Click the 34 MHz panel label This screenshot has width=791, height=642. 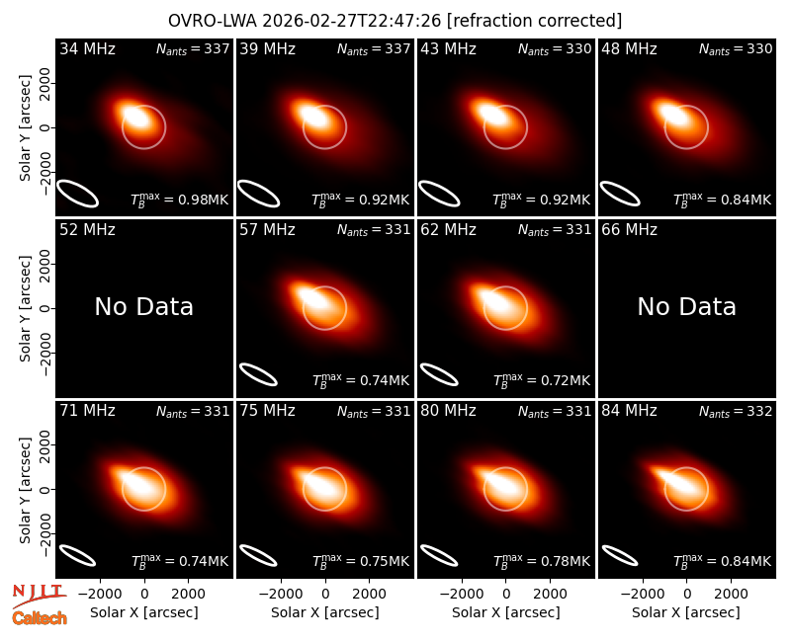click(x=87, y=48)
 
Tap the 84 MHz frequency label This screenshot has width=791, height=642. click(x=629, y=411)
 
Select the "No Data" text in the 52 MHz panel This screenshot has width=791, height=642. click(x=143, y=306)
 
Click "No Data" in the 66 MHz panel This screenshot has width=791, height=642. click(x=686, y=306)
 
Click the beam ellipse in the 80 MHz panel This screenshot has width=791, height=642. click(x=439, y=555)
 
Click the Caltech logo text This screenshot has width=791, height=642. click(x=40, y=618)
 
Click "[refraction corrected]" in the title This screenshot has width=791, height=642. click(x=534, y=21)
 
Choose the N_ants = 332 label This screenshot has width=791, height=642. click(x=736, y=412)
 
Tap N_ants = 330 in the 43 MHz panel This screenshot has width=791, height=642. click(x=555, y=49)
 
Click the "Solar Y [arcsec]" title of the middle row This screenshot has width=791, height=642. click(x=25, y=308)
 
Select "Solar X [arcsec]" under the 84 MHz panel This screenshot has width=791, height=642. click(x=686, y=612)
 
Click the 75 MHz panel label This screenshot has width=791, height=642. click(x=267, y=411)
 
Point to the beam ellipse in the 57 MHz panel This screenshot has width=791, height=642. click(x=258, y=374)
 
